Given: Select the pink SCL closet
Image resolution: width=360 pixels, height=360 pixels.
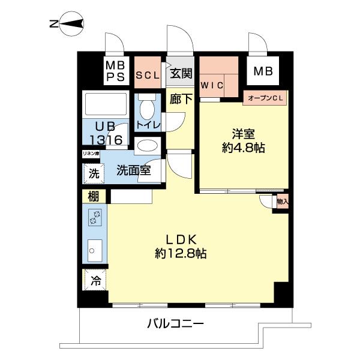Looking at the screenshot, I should click(147, 74).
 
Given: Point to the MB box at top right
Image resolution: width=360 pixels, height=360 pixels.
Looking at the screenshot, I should click(262, 71).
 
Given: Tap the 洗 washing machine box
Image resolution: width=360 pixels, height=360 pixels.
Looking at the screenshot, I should click(94, 175).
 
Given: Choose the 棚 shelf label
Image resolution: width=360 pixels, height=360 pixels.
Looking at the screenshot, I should click(93, 196).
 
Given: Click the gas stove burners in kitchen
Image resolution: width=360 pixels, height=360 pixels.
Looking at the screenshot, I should click(94, 218).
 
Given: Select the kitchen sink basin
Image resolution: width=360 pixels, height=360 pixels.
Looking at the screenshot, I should click(94, 248).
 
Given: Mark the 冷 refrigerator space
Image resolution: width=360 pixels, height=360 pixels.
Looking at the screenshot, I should click(95, 280).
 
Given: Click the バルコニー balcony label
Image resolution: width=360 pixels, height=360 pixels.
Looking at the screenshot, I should click(176, 325).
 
